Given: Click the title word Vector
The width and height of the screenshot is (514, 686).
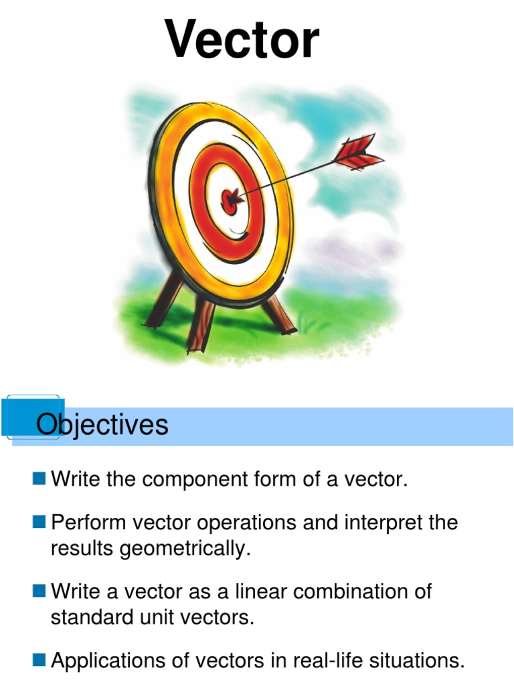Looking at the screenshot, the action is pyautogui.click(x=242, y=40).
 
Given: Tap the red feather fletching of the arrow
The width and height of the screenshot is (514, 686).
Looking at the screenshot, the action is pyautogui.click(x=359, y=152).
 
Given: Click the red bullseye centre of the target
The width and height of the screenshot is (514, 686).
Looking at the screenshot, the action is pyautogui.click(x=229, y=202).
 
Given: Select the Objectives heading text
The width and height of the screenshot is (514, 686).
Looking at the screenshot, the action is pyautogui.click(x=102, y=424).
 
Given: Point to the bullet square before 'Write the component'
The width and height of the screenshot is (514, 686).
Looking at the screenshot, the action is pyautogui.click(x=39, y=478).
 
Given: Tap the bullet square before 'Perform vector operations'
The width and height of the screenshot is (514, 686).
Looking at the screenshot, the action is pyautogui.click(x=39, y=521).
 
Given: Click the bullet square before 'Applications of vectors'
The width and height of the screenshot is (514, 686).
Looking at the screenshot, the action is pyautogui.click(x=39, y=659).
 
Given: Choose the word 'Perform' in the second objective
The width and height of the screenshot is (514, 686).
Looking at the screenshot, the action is pyautogui.click(x=88, y=522).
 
